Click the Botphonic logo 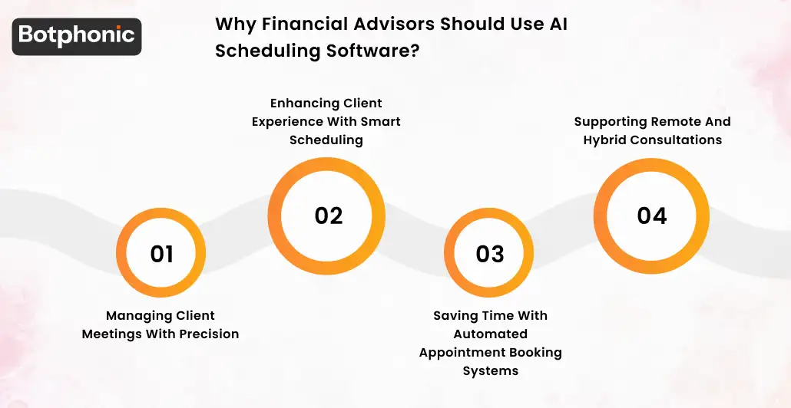pos(77,36)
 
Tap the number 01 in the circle pos(161,254)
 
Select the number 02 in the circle pos(328,216)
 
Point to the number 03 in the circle pos(490,254)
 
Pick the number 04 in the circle pos(651,216)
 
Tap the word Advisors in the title pos(392,23)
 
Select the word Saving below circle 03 pos(455,315)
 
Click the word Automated pos(490,334)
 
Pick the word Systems pos(490,370)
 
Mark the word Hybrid pos(605,140)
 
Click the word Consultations pos(677,140)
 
